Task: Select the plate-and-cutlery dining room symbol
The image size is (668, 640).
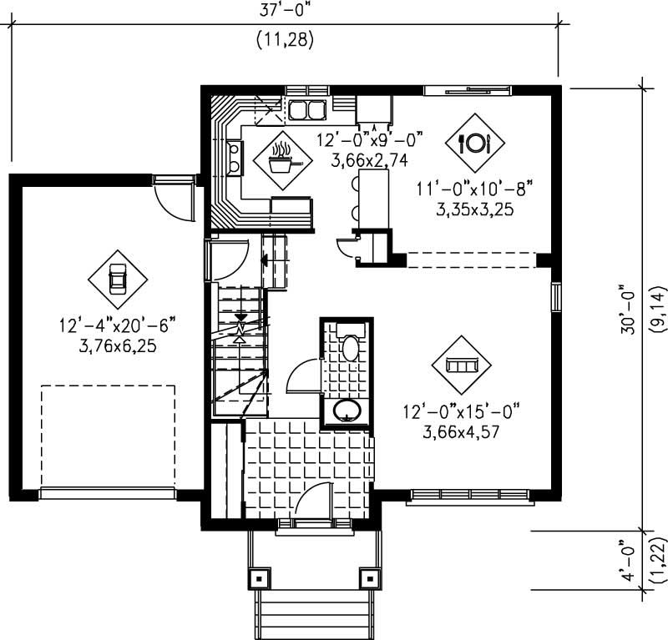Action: [x=474, y=143]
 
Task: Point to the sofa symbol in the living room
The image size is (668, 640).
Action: [x=461, y=365]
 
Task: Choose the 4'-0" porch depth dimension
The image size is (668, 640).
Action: [x=626, y=561]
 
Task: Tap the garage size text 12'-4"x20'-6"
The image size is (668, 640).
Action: [x=117, y=325]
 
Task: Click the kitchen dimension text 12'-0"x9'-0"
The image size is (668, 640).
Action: [x=371, y=137]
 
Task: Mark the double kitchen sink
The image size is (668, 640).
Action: [x=306, y=109]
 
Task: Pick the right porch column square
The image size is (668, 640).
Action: [x=367, y=577]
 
